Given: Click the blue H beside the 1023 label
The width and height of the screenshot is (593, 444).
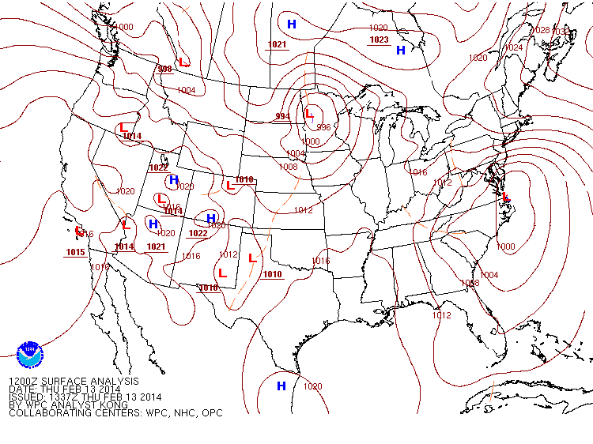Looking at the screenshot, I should click(400, 51).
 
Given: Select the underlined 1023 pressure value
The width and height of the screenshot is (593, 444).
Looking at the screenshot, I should click(380, 40).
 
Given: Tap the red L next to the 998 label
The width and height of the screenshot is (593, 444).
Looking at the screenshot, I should click(183, 62).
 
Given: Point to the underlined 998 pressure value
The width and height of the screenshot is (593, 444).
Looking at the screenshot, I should click(165, 70).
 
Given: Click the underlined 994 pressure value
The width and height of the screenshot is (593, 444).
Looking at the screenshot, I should click(282, 117).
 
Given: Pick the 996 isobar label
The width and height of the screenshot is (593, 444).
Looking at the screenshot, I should click(323, 127).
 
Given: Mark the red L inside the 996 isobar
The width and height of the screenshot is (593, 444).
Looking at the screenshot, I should click(308, 114).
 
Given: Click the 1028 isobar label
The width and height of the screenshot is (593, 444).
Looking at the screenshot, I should click(541, 31).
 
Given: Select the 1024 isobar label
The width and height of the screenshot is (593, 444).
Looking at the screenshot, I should click(514, 48).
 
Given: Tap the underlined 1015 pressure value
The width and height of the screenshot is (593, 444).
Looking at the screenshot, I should click(75, 253).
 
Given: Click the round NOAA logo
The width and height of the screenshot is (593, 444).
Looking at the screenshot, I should click(30, 353).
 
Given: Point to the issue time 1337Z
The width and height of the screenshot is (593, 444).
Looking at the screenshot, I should click(62, 397).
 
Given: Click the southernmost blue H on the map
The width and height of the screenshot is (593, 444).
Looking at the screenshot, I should click(281, 386).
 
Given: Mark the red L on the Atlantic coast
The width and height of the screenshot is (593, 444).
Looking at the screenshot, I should click(505, 196).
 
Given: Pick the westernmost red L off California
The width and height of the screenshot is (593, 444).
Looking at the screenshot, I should click(78, 231).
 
